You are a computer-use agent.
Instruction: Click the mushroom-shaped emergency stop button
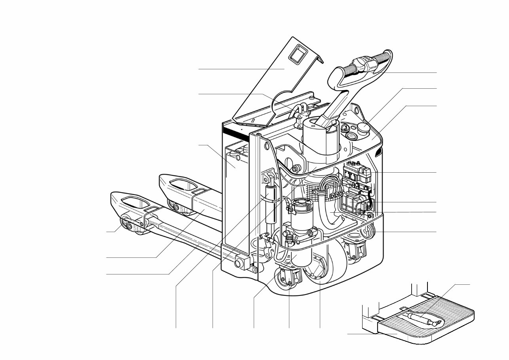click(x=363, y=128)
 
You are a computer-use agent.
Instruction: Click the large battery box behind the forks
click(x=235, y=198)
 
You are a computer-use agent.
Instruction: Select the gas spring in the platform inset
click(x=422, y=319)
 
